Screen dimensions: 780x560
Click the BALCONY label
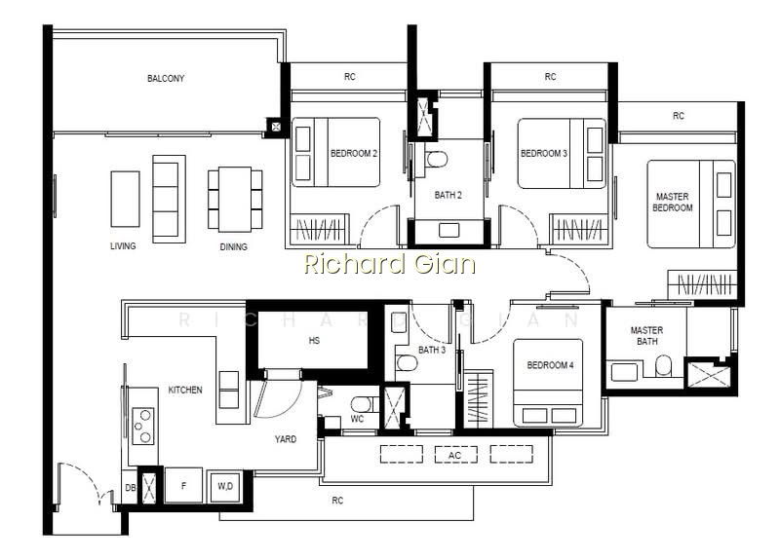[x=166, y=79]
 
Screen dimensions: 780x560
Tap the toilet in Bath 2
[x=437, y=160]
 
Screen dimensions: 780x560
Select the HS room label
[x=314, y=340]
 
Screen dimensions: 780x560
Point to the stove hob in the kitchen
[x=142, y=426]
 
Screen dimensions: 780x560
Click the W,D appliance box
[x=225, y=486]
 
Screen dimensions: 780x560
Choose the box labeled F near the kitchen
[x=183, y=485]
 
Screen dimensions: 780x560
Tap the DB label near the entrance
[x=131, y=488]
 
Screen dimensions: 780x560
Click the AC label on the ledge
[x=454, y=455]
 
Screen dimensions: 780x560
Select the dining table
[x=235, y=200]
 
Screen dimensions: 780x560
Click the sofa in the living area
[x=169, y=199]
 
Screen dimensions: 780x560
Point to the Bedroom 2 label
[x=354, y=154]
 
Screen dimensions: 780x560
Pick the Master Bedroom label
[x=673, y=203]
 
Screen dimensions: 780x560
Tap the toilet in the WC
[x=361, y=403]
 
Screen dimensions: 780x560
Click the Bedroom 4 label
[x=550, y=365]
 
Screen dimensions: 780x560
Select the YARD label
[x=286, y=439]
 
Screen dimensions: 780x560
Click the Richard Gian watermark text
[x=389, y=264]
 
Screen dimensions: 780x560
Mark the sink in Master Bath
[x=624, y=372]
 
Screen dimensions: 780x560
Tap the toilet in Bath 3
[x=407, y=362]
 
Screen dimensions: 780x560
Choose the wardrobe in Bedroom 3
[x=579, y=229]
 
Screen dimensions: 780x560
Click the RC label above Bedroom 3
[x=550, y=77]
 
